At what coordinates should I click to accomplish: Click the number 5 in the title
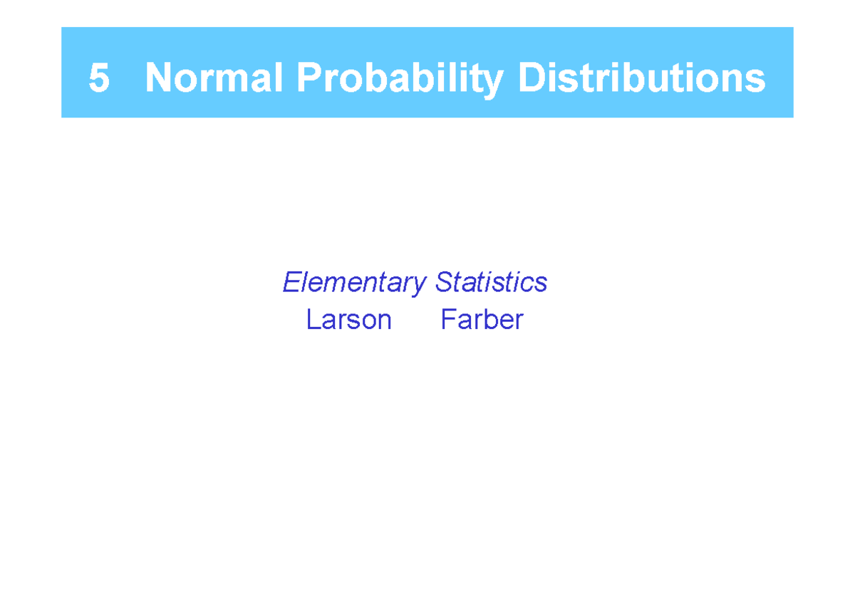[99, 78]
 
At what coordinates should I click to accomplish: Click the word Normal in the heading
[215, 78]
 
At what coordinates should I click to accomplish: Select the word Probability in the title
[403, 78]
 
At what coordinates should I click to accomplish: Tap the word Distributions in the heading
[641, 78]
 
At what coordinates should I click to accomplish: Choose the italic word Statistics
[492, 282]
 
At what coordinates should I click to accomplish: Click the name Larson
[349, 320]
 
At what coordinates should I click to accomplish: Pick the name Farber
[482, 320]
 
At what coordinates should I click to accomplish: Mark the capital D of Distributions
[531, 78]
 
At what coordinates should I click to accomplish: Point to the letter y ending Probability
[497, 81]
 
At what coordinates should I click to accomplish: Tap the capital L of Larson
[311, 320]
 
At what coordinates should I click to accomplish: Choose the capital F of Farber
[447, 320]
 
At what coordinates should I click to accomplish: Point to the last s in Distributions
[757, 80]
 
